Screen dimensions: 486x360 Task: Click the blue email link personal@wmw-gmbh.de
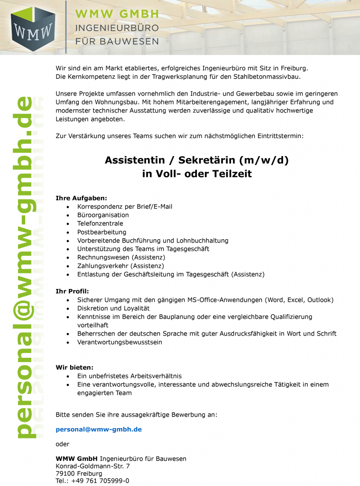click(x=99, y=430)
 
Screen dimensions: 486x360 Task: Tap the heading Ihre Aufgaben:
click(x=82, y=197)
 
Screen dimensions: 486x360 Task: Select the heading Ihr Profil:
click(x=73, y=291)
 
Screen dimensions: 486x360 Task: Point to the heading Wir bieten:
click(x=74, y=367)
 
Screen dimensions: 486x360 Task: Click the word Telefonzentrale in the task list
click(x=100, y=224)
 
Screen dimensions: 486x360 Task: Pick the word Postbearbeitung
click(x=102, y=232)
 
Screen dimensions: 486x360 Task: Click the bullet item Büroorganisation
click(x=103, y=215)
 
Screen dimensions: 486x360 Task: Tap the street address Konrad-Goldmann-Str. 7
click(x=92, y=466)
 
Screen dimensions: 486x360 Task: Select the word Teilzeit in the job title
click(x=231, y=174)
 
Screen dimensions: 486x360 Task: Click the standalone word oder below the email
click(x=63, y=444)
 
